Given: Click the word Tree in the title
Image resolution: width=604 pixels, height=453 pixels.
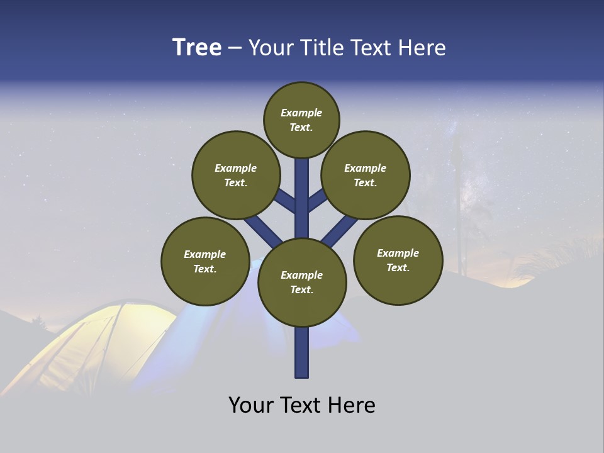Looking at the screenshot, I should [197, 48].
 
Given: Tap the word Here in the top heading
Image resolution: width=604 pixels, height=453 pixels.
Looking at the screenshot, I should [422, 48].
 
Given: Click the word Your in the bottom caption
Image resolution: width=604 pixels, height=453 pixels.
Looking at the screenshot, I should [252, 405].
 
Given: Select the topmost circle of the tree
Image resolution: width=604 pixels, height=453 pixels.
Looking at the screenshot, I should [301, 120].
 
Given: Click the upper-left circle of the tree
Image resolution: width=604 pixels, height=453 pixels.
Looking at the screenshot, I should [235, 175].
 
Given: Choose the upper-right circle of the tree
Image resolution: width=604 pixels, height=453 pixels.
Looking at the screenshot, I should [365, 175].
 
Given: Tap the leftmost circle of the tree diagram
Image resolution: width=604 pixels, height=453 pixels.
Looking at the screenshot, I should [205, 261].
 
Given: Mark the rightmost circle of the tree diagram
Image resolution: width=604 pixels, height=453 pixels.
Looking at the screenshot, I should [398, 260].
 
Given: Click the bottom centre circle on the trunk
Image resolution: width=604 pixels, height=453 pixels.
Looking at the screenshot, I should [302, 282].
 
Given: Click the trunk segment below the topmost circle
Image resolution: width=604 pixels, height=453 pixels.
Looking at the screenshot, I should [302, 195].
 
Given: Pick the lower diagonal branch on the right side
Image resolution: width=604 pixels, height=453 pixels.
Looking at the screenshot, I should [340, 230].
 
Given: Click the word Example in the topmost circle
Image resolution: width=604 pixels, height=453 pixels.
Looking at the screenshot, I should [301, 113].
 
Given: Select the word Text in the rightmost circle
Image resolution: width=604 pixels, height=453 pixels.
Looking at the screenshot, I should [398, 267].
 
